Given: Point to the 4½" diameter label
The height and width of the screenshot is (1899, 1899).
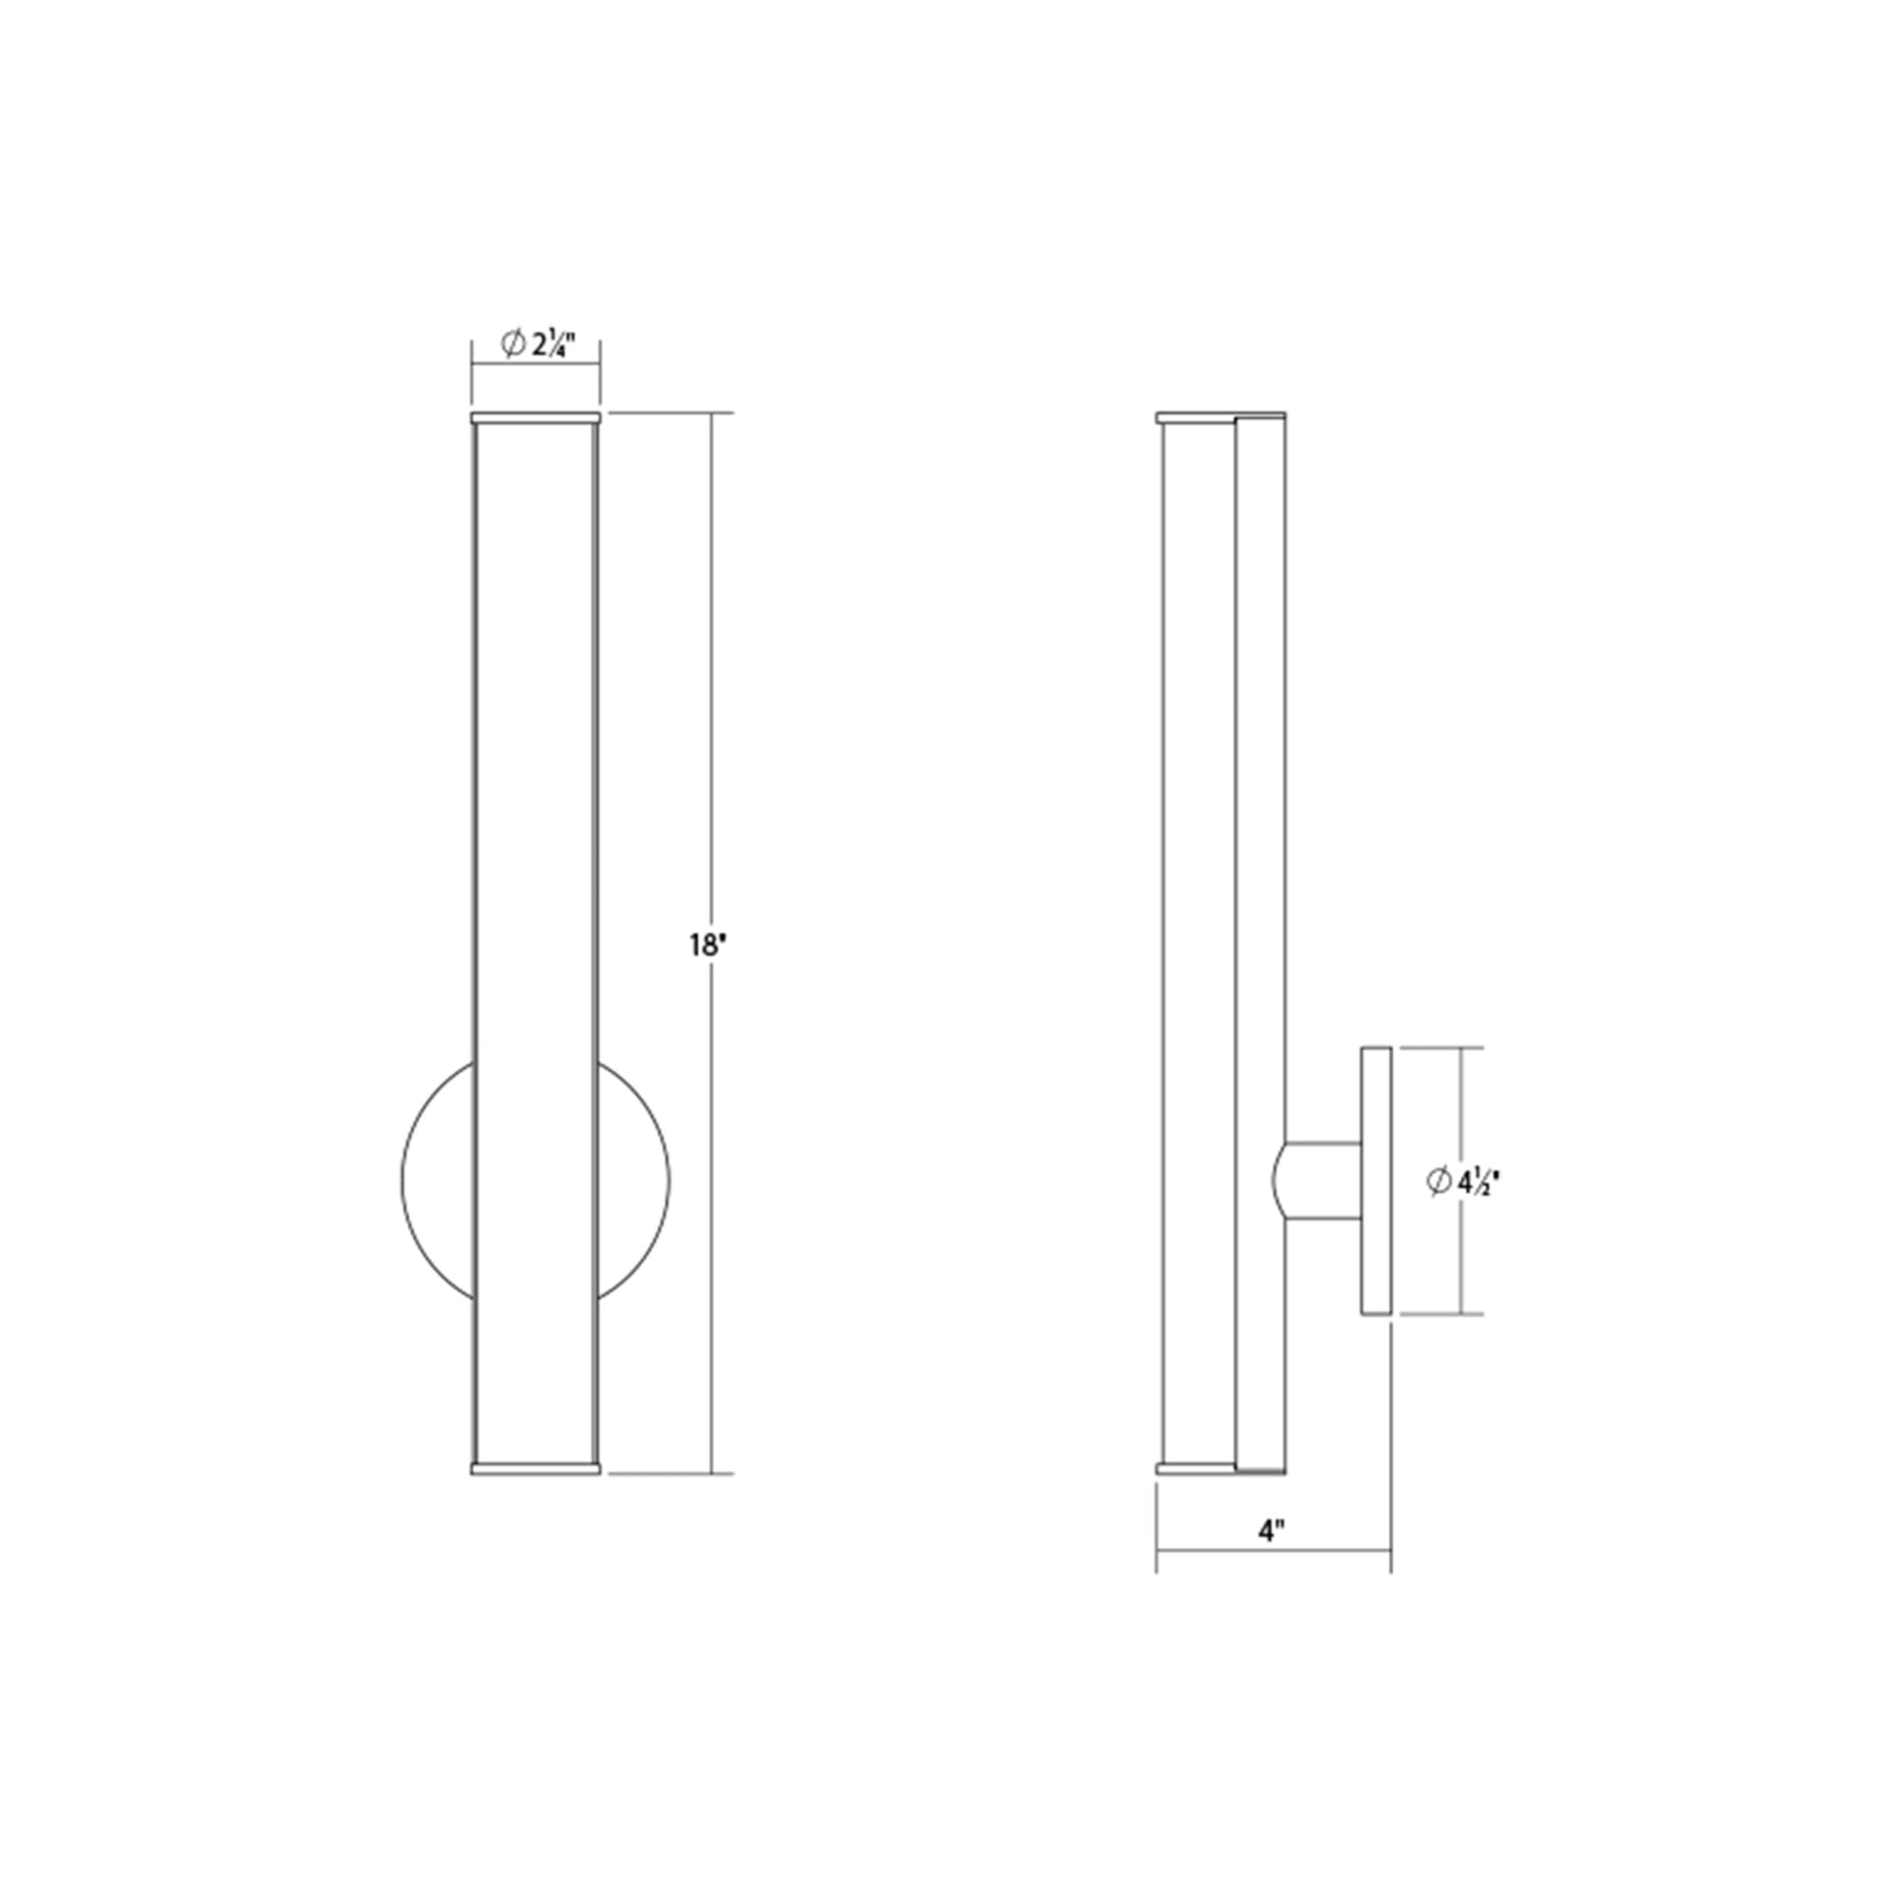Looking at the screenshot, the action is point(1477,1180).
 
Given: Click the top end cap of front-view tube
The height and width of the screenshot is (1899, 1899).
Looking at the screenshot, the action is point(536,418).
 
